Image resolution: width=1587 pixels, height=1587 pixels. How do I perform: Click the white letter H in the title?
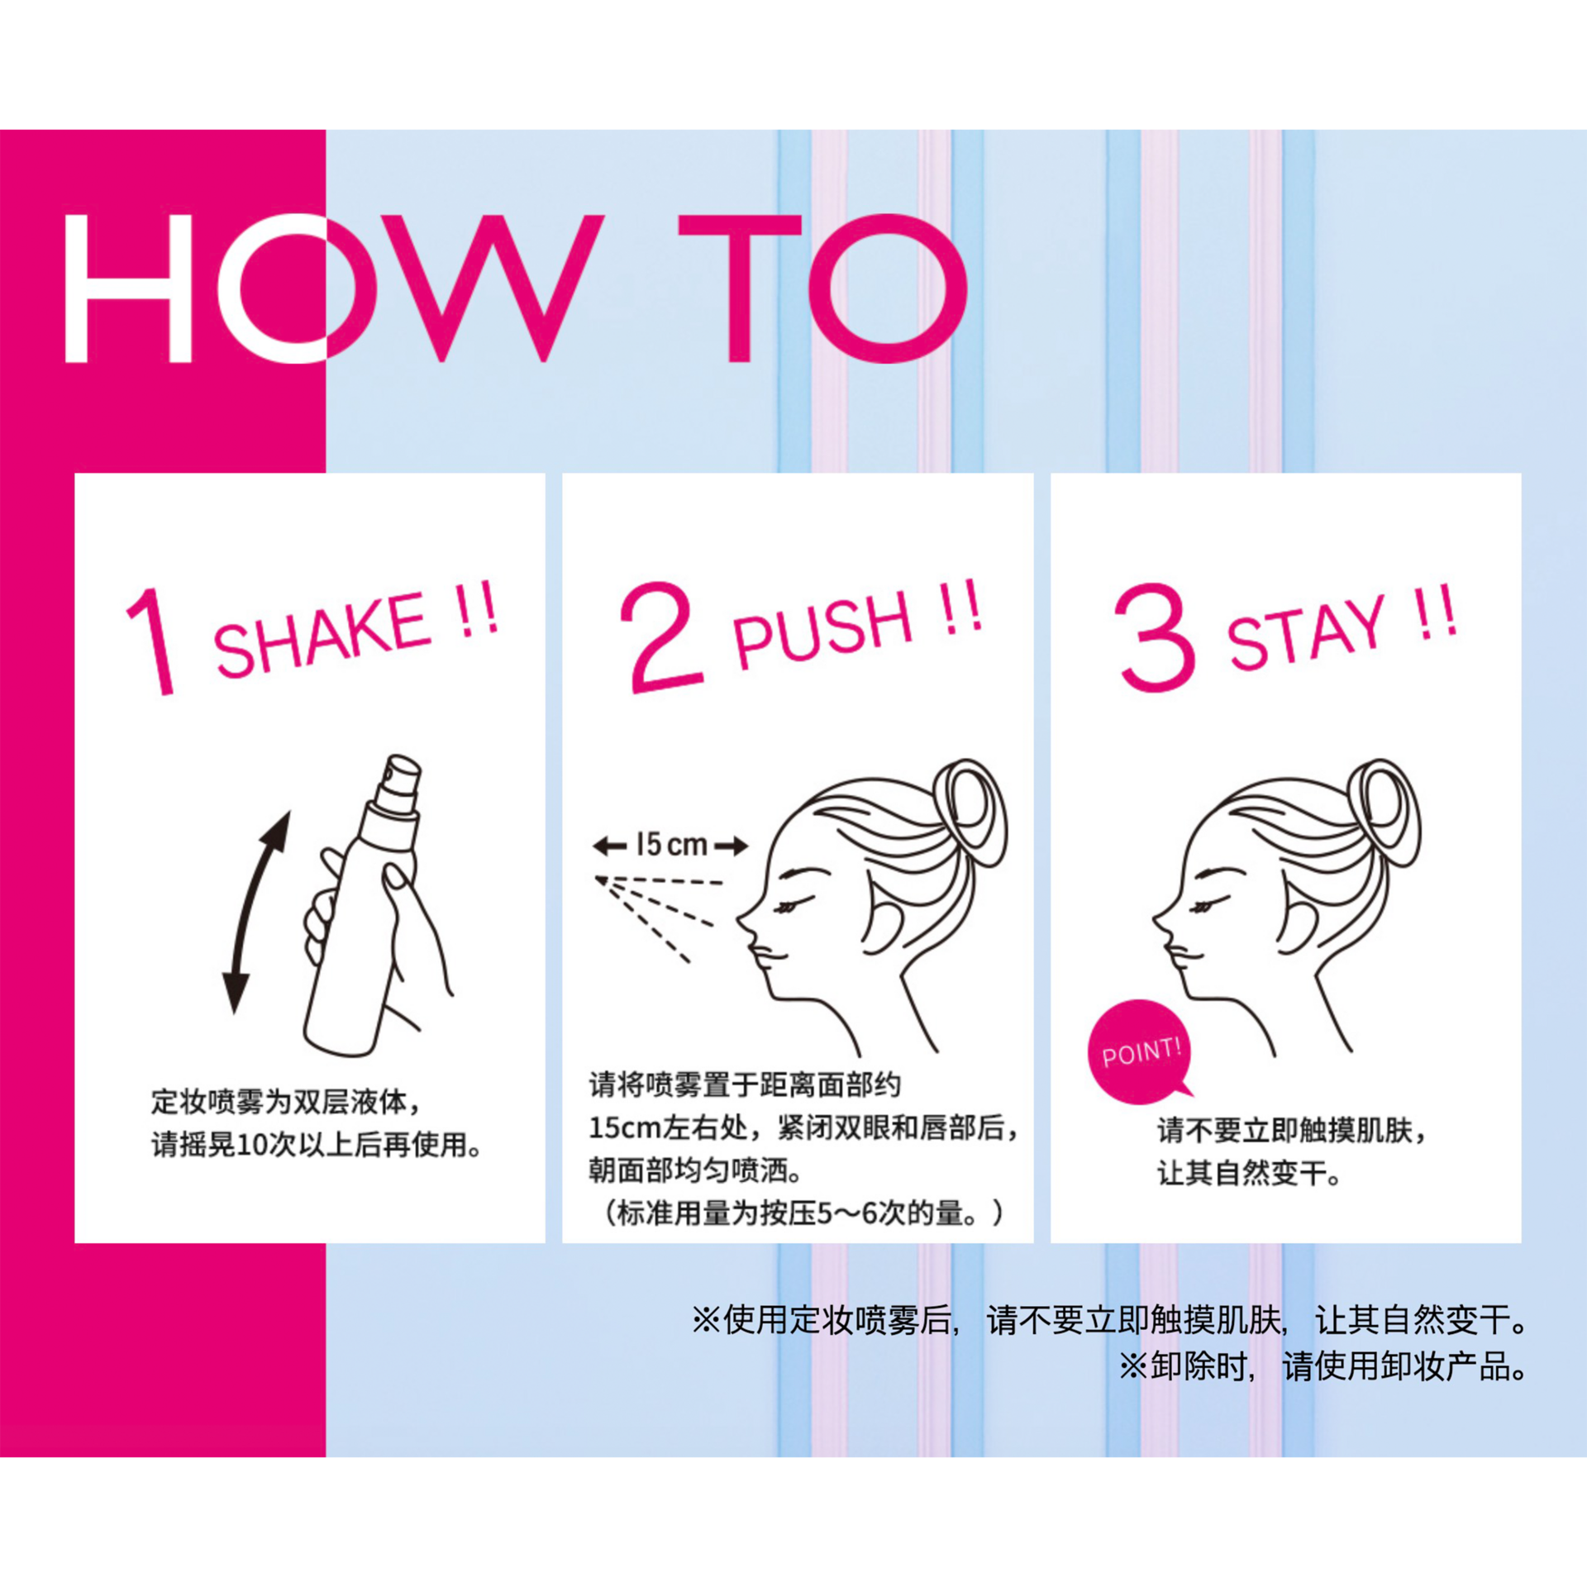(128, 288)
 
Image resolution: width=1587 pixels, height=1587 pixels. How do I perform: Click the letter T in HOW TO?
(740, 288)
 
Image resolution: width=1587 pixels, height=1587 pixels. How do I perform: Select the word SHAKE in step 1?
(322, 634)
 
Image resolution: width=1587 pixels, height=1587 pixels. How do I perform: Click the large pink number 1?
(151, 641)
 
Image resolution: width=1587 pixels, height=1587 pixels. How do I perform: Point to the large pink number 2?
(663, 636)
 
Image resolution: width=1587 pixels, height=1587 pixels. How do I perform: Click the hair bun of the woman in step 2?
(970, 813)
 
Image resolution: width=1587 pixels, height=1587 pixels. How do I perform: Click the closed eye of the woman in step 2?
(787, 908)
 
